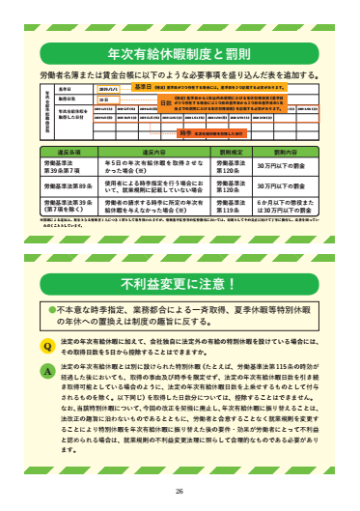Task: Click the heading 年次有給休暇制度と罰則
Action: click(x=179, y=55)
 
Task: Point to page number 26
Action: click(x=180, y=491)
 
